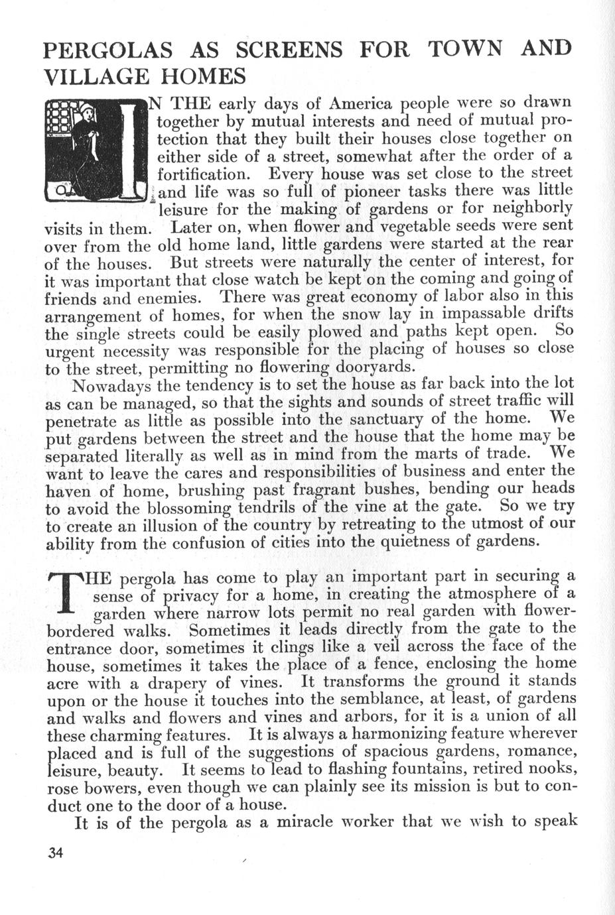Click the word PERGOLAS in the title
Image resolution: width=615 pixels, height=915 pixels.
point(107,50)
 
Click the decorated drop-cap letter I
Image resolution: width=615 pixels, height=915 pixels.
point(133,150)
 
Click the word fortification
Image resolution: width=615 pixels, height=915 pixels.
point(204,175)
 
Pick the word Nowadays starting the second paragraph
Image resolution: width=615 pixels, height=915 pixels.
point(112,385)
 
